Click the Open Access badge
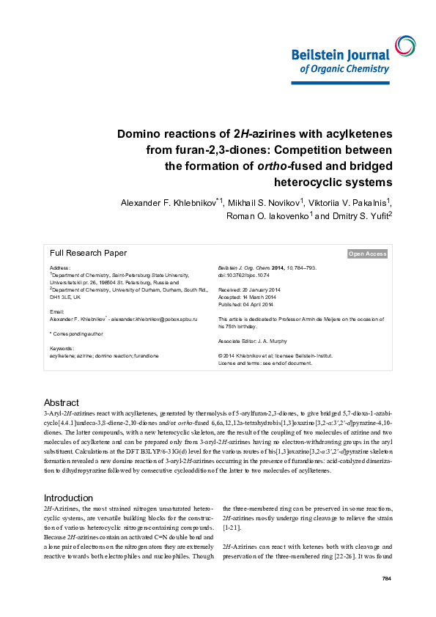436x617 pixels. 367,254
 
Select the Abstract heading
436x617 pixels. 62,403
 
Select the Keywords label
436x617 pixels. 62,348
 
